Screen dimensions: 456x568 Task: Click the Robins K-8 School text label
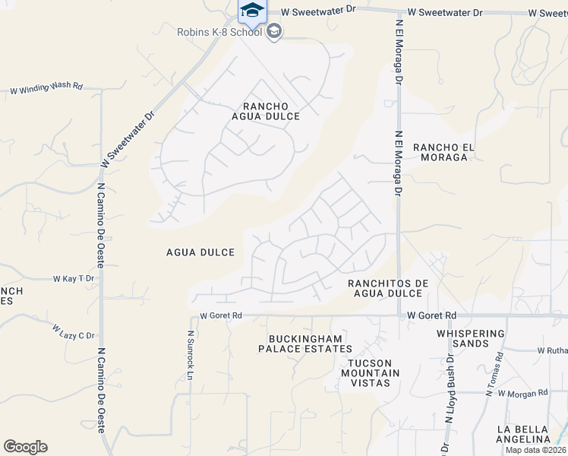pyautogui.click(x=219, y=32)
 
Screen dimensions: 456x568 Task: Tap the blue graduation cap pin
pyautogui.click(x=252, y=11)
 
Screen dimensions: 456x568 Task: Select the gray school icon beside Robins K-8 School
pyautogui.click(x=274, y=32)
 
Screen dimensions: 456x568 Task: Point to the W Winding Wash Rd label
pyautogui.click(x=46, y=88)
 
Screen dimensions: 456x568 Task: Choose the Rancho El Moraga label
pyautogui.click(x=442, y=152)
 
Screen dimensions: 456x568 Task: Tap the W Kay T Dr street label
pyautogui.click(x=73, y=279)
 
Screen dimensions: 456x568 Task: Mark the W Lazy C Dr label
pyautogui.click(x=74, y=332)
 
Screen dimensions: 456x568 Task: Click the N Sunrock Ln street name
pyautogui.click(x=191, y=350)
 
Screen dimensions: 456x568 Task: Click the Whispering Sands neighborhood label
pyautogui.click(x=471, y=338)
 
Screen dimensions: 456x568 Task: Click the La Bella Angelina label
pyautogui.click(x=523, y=434)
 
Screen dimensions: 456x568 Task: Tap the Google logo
pyautogui.click(x=25, y=447)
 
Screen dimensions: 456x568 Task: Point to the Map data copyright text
pyautogui.click(x=537, y=450)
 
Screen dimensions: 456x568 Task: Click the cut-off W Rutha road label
pyautogui.click(x=552, y=350)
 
